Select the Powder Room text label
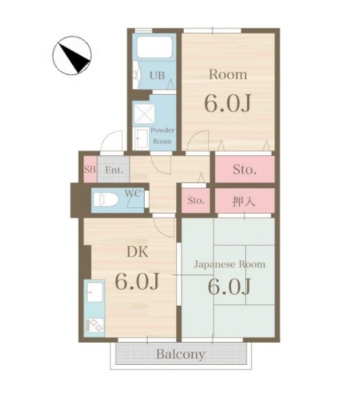tap(162, 135)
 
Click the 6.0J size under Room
tap(227, 103)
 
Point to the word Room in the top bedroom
tap(228, 75)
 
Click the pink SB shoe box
tap(89, 169)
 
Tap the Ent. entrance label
tap(113, 169)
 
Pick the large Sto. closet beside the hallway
tap(244, 169)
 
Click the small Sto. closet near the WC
tap(196, 201)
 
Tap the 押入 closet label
tap(244, 201)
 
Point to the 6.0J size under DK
tap(138, 283)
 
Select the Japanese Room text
tap(229, 265)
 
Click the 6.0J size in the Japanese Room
tap(227, 287)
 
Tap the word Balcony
tap(180, 354)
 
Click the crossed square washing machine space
tap(144, 114)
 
